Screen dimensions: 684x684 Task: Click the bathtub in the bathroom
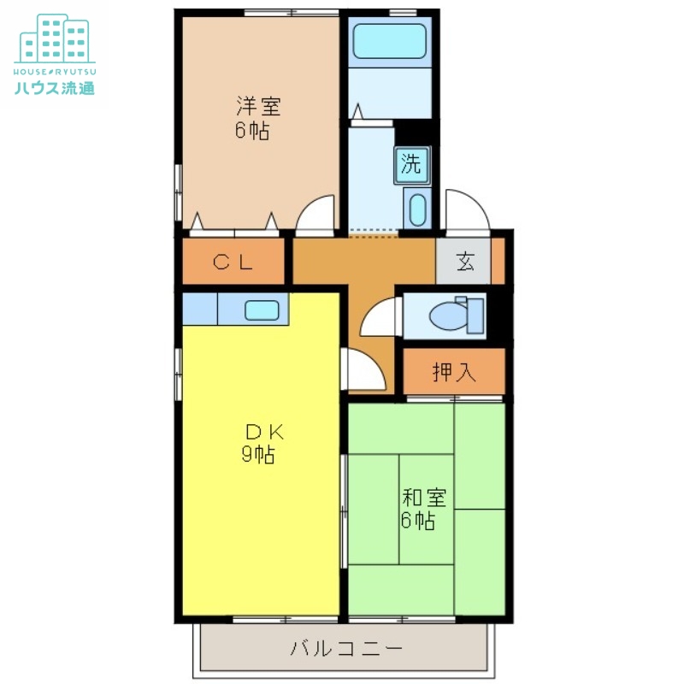click(x=389, y=41)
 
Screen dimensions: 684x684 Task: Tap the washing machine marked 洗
click(x=412, y=165)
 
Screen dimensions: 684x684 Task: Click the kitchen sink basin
click(x=262, y=310)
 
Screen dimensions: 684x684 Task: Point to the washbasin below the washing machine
click(x=417, y=209)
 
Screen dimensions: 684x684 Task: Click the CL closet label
click(x=233, y=262)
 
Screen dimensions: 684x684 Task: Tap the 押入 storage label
click(x=454, y=372)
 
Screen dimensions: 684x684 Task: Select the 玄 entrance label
click(x=465, y=262)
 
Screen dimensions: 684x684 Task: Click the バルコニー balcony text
click(x=346, y=648)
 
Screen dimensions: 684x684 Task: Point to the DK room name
click(x=265, y=433)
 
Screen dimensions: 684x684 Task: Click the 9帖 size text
click(x=258, y=455)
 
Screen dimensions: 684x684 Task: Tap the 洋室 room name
click(x=258, y=106)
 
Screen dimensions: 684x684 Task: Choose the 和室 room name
click(x=424, y=498)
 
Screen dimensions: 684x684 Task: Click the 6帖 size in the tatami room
click(x=417, y=521)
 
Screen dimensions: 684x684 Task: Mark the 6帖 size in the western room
click(x=252, y=130)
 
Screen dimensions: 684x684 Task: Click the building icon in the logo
click(x=55, y=38)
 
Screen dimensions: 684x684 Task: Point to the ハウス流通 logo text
click(x=55, y=88)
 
